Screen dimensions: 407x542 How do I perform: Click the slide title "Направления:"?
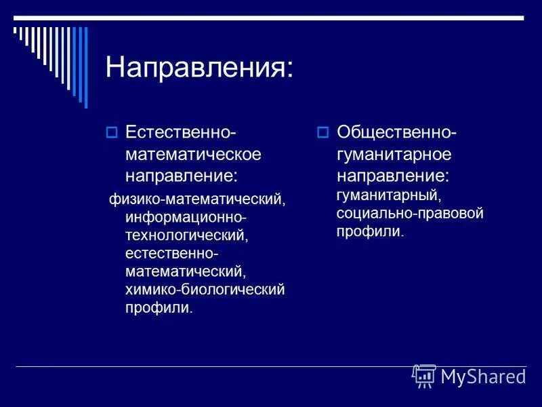(x=200, y=68)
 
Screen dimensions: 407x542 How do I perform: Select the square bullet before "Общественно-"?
(x=323, y=132)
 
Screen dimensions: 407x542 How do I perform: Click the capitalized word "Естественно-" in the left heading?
(x=181, y=132)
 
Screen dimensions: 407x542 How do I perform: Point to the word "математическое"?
(x=193, y=154)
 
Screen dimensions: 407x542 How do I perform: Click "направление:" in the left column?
(x=182, y=176)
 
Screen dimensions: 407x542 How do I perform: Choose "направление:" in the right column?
(x=393, y=176)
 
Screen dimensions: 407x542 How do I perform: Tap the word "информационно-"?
(x=186, y=218)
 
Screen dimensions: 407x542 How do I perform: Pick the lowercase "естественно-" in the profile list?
(x=171, y=254)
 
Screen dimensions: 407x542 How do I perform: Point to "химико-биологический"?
(x=205, y=290)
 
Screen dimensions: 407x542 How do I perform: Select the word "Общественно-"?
(x=397, y=132)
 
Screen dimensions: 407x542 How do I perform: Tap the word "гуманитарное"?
(x=394, y=154)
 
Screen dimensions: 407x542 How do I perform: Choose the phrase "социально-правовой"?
(x=410, y=214)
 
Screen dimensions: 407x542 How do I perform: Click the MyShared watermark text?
(x=483, y=376)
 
